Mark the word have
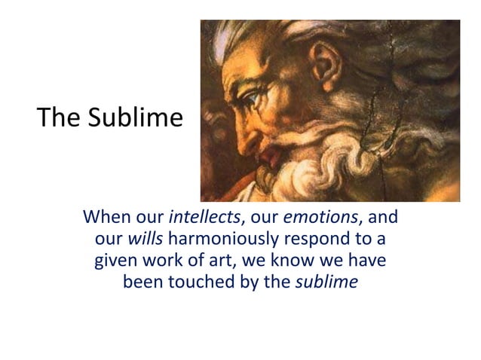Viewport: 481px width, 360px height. pos(364,264)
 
